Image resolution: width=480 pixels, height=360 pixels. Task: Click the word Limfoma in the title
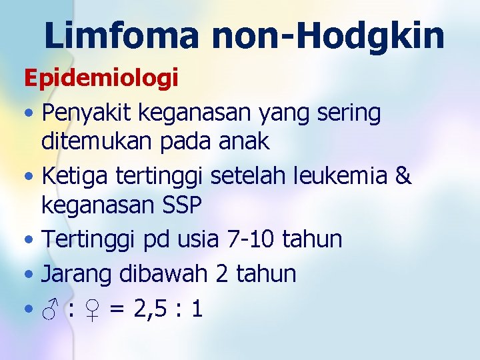[121, 35]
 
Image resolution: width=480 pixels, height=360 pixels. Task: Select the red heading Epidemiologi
[101, 79]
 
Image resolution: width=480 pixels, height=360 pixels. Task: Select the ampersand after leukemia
[403, 177]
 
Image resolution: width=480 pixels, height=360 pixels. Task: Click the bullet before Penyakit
[29, 115]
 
